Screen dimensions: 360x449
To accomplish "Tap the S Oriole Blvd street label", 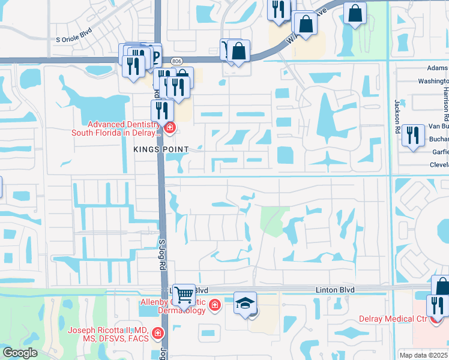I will point(75,38).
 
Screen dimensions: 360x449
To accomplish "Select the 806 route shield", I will point(176,61).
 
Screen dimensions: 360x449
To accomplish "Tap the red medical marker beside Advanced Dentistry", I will point(170,128).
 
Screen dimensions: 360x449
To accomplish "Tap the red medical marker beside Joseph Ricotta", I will point(157,332).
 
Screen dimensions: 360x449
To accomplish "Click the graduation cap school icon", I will point(245,302).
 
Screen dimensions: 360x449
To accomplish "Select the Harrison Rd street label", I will point(446,96).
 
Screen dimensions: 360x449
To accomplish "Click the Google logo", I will point(20,353).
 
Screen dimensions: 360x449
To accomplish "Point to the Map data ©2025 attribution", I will point(423,355).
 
